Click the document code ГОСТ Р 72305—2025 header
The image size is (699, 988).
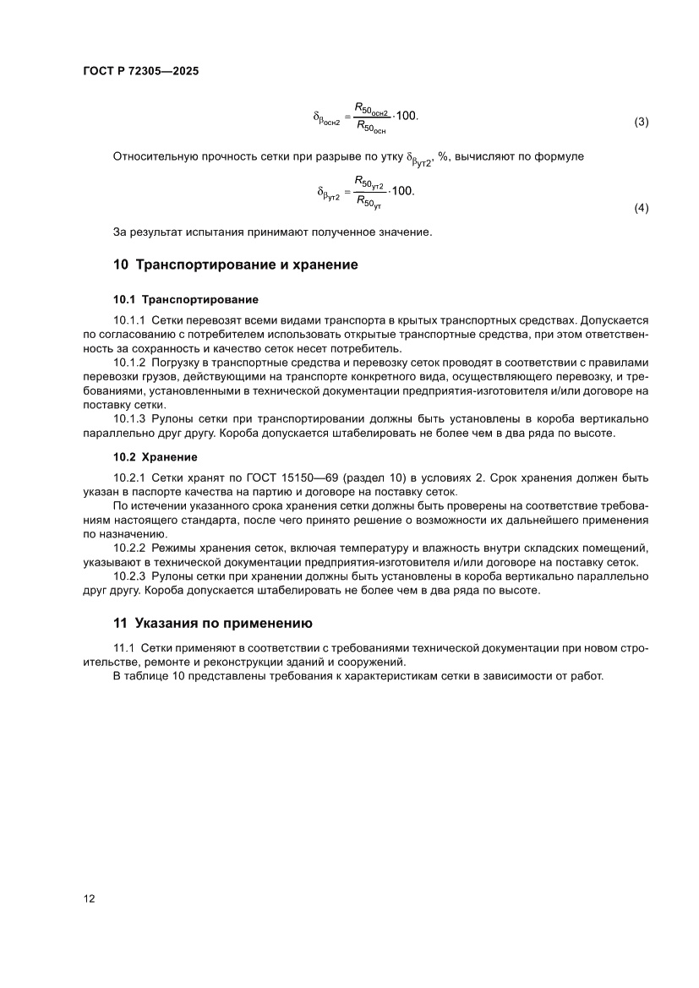tap(140, 72)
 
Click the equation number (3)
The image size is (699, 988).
tap(641, 122)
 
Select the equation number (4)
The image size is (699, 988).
tap(641, 208)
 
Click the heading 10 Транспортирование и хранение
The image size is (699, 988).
tap(235, 265)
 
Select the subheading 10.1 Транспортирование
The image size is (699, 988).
tap(186, 299)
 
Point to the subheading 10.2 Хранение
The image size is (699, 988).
tap(155, 457)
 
